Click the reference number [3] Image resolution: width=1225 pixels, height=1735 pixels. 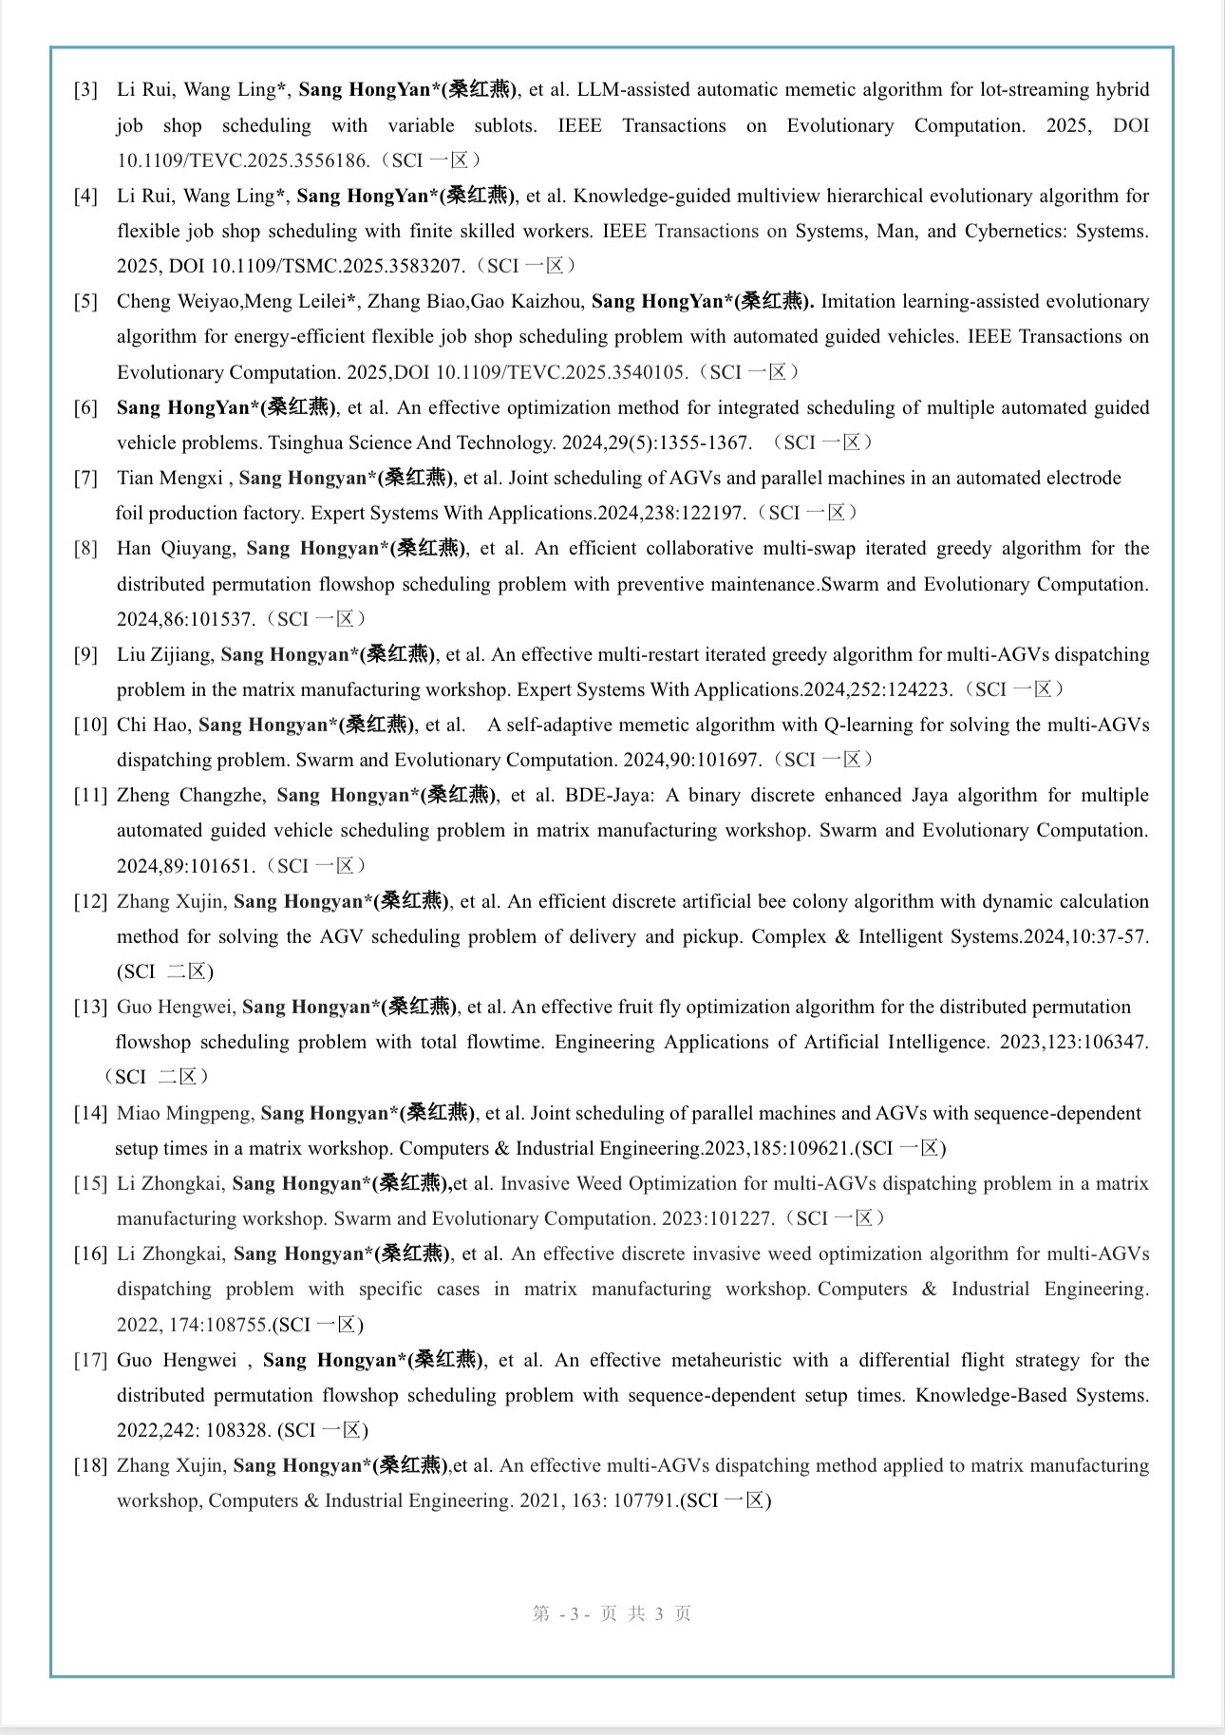pyautogui.click(x=85, y=90)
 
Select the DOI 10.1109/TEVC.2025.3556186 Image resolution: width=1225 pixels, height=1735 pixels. pyautogui.click(x=242, y=160)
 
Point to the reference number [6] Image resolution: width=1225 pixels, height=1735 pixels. pyautogui.click(x=85, y=408)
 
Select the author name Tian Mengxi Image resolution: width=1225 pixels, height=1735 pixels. pyautogui.click(x=170, y=478)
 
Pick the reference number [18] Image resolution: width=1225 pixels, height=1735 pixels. pyautogui.click(x=90, y=1465)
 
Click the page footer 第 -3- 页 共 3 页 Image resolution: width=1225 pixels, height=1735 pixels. pyautogui.click(x=612, y=1613)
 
